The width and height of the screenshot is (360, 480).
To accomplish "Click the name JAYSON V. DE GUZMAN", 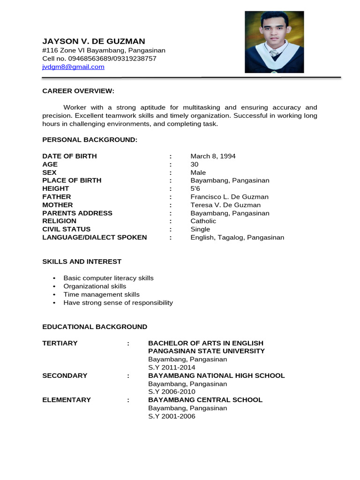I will [94, 41].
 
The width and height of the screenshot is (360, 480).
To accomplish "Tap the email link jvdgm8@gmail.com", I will [73, 67].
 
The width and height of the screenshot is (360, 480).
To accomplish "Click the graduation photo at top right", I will [274, 42].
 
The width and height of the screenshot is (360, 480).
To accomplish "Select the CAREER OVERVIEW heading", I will [78, 91].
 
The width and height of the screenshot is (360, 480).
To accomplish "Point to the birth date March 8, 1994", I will [213, 156].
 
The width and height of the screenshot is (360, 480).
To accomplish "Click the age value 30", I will [195, 164].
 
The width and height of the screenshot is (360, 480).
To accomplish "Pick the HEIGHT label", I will [56, 188].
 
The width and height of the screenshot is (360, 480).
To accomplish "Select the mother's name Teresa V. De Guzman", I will [225, 205].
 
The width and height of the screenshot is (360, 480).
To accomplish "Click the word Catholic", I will [203, 221].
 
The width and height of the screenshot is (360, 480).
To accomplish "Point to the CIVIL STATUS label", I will [67, 229].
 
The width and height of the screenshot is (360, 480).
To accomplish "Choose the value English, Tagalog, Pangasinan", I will [237, 237].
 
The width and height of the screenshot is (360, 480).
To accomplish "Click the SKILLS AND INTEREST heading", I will [82, 262].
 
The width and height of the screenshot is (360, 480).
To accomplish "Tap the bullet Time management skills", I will [102, 294].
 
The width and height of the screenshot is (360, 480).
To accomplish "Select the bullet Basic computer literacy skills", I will [108, 278].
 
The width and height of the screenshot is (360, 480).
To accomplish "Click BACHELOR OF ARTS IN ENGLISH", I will [206, 343].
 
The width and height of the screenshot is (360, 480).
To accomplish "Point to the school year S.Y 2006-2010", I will [172, 392].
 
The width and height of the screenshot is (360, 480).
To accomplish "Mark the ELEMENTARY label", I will [67, 400].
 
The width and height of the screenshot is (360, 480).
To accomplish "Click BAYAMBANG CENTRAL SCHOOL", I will [205, 400].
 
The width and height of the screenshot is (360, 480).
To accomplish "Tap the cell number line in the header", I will [99, 59].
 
